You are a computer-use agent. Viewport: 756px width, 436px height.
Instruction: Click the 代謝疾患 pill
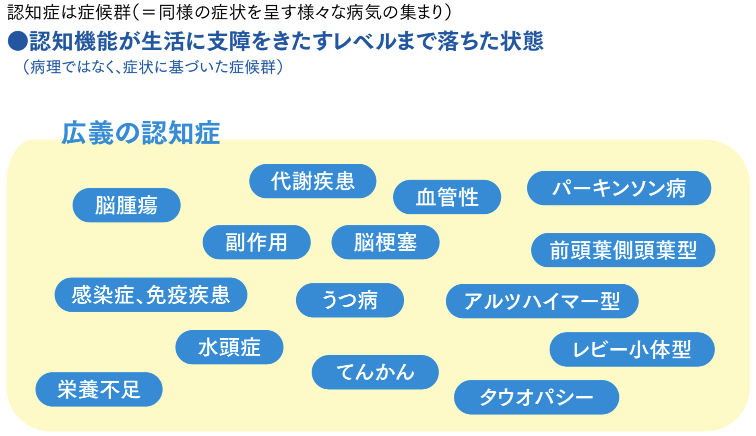[x=312, y=181]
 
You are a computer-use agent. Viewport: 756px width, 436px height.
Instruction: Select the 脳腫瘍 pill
[x=126, y=205]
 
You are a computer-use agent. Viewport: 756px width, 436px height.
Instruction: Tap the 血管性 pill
[x=447, y=197]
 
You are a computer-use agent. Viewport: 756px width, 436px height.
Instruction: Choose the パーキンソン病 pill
[x=619, y=188]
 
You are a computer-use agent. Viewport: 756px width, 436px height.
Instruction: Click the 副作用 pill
[x=256, y=242]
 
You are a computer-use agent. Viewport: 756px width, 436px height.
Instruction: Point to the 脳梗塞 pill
[x=385, y=242]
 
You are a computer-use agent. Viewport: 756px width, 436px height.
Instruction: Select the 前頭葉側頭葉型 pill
[x=623, y=250]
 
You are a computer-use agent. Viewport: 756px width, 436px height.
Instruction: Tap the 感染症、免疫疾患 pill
[x=151, y=295]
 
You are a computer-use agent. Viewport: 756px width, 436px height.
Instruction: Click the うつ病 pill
[x=349, y=300]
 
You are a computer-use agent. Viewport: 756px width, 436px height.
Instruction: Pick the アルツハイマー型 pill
[x=542, y=301]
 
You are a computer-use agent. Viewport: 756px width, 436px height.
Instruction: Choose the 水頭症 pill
[x=229, y=347]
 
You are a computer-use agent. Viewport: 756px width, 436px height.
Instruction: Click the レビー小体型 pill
[x=632, y=349]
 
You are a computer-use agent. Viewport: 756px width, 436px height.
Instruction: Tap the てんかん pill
[x=375, y=372]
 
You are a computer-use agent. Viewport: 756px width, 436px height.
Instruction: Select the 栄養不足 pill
[x=99, y=389]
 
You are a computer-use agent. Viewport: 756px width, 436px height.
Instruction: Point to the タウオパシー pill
[x=536, y=397]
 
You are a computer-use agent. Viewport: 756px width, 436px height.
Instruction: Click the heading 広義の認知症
[x=140, y=133]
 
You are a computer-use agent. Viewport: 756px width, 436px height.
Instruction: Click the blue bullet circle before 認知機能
[x=18, y=41]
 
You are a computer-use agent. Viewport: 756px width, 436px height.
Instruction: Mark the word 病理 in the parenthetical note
[x=45, y=67]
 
